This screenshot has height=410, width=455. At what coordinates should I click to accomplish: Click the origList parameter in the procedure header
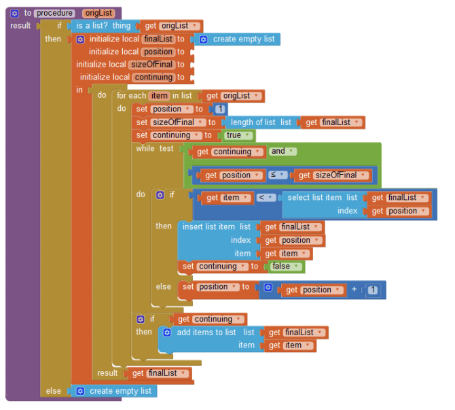pyautogui.click(x=98, y=13)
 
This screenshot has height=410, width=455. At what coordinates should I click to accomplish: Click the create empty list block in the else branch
pyautogui.click(x=120, y=391)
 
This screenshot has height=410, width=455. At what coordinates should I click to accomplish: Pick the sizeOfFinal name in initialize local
pyautogui.click(x=151, y=65)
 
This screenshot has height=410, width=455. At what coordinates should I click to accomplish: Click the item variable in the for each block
pyautogui.click(x=159, y=96)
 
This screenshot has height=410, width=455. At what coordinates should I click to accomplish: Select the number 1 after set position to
pyautogui.click(x=219, y=109)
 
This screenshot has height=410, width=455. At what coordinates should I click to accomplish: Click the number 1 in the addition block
pyautogui.click(x=374, y=290)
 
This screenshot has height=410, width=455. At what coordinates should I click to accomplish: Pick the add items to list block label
pyautogui.click(x=206, y=332)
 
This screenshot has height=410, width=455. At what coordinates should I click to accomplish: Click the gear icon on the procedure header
pyautogui.click(x=14, y=13)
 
